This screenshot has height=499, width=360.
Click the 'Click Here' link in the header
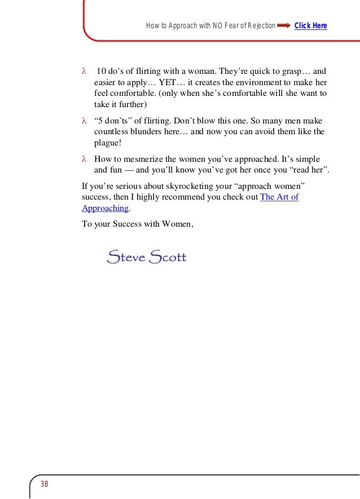point(310,26)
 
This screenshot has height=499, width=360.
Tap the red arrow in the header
point(284,26)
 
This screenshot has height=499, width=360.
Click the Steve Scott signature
point(146,258)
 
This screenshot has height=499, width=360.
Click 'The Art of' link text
point(279,197)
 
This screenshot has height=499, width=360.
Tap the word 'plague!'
point(108,143)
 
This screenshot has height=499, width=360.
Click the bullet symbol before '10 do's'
point(84,72)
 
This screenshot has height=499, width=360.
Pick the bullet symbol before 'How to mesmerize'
point(84,160)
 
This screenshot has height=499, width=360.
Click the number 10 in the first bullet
point(102,72)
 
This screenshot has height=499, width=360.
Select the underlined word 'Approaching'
point(106,208)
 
